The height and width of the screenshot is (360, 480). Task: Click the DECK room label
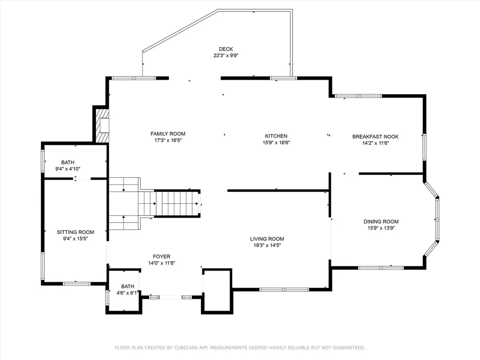[x=226, y=49]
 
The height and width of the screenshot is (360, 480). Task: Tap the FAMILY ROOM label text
[x=168, y=134]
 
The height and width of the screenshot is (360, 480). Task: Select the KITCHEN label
[x=276, y=136]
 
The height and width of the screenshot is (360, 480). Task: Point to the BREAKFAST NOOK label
[x=375, y=136]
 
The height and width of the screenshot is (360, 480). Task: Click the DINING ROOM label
[x=381, y=221]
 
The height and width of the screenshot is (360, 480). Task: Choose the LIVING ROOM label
[x=267, y=239]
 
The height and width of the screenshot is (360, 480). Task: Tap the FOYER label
[x=162, y=256]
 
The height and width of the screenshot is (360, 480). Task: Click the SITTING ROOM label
[x=75, y=232]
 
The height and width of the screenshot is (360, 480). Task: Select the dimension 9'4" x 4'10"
[x=68, y=169]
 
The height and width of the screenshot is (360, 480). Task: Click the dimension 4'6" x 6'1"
[x=127, y=293]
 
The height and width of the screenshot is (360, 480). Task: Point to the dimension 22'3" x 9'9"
[x=226, y=55]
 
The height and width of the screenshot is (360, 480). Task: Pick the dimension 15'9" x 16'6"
[x=276, y=142]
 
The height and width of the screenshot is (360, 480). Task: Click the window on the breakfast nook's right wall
[x=424, y=147]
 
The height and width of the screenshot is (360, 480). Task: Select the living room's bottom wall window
[x=284, y=289]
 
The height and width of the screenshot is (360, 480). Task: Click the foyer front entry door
[x=171, y=297]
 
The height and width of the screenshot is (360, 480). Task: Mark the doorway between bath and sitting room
[x=82, y=179]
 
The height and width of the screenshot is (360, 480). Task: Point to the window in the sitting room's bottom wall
[x=76, y=284]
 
